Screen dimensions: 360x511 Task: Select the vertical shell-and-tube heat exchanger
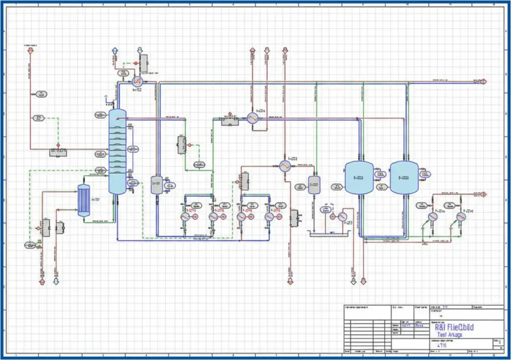coord(83,201)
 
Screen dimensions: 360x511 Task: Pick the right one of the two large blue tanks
coord(404,177)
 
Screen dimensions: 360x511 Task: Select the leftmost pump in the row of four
coord(185,217)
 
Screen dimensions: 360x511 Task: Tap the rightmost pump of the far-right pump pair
coord(461,217)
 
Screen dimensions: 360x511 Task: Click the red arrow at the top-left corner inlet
coord(30,51)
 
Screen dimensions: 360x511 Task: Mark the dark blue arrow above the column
coord(115,51)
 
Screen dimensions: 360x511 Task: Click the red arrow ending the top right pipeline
coord(483,81)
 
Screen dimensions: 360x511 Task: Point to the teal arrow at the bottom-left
coord(56,281)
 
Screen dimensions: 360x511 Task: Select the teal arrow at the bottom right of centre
coord(353,281)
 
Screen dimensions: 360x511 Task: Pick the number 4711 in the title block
coord(440,346)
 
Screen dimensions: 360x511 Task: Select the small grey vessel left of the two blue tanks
coord(314,185)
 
